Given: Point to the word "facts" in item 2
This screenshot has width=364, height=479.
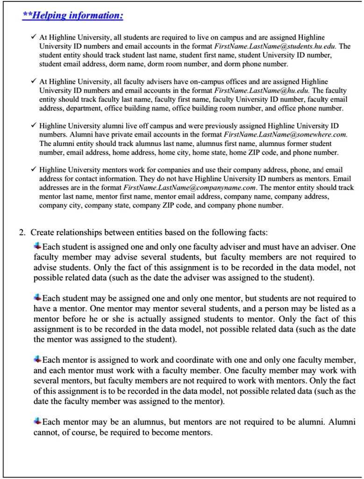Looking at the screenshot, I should tap(256, 232).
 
